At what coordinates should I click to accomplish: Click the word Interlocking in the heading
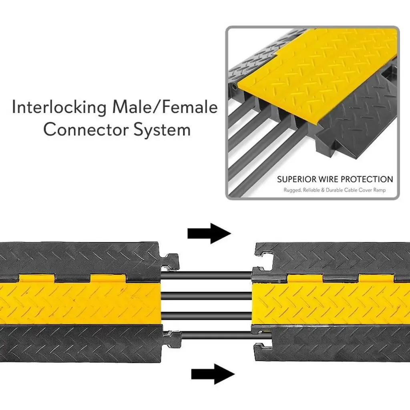pyautogui.click(x=60, y=108)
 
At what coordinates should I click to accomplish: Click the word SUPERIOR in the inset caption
pyautogui.click(x=297, y=179)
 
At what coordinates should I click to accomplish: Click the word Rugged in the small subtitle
pyautogui.click(x=292, y=190)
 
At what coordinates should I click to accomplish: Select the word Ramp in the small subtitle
pyautogui.click(x=379, y=190)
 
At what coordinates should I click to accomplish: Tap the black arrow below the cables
pyautogui.click(x=213, y=374)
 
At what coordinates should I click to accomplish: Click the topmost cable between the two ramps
pyautogui.click(x=206, y=276)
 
